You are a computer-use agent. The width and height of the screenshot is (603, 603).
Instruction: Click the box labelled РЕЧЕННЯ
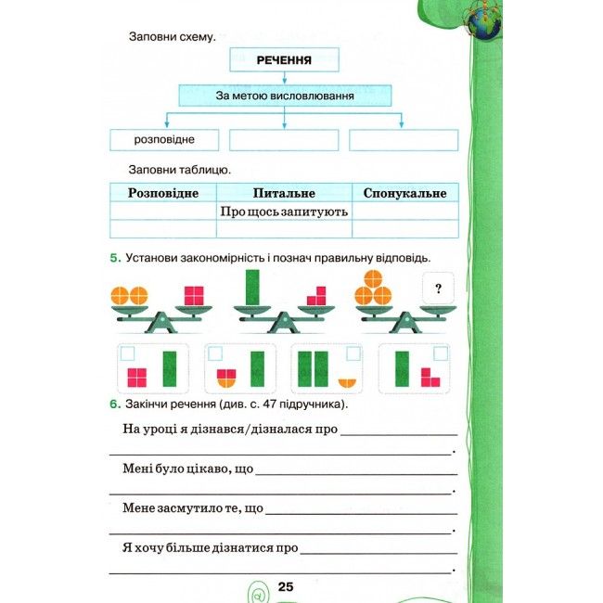pos(284,60)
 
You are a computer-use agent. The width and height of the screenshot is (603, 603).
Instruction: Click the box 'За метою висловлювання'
pos(284,95)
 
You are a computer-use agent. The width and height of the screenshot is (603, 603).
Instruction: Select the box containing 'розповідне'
pos(163,140)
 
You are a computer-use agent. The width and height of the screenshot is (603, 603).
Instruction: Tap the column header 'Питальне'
pos(284,193)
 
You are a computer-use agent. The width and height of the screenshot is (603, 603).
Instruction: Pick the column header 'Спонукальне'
pos(405,193)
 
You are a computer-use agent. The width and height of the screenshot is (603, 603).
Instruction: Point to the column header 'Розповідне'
pos(163,193)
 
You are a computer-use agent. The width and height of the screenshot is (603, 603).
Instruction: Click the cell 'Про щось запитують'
pos(284,212)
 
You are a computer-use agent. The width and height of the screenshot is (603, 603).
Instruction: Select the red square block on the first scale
pos(193,296)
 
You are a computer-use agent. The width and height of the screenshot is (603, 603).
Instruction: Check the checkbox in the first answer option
pos(128,353)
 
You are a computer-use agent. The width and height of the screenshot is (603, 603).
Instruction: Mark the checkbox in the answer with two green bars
pos(353,353)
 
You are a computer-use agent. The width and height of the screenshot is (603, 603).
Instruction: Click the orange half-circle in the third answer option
pos(348,380)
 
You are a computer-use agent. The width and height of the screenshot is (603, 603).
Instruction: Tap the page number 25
pos(285,585)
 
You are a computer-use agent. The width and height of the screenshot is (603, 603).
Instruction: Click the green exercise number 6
pos(113,404)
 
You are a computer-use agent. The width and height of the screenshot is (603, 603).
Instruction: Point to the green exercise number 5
pos(113,258)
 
